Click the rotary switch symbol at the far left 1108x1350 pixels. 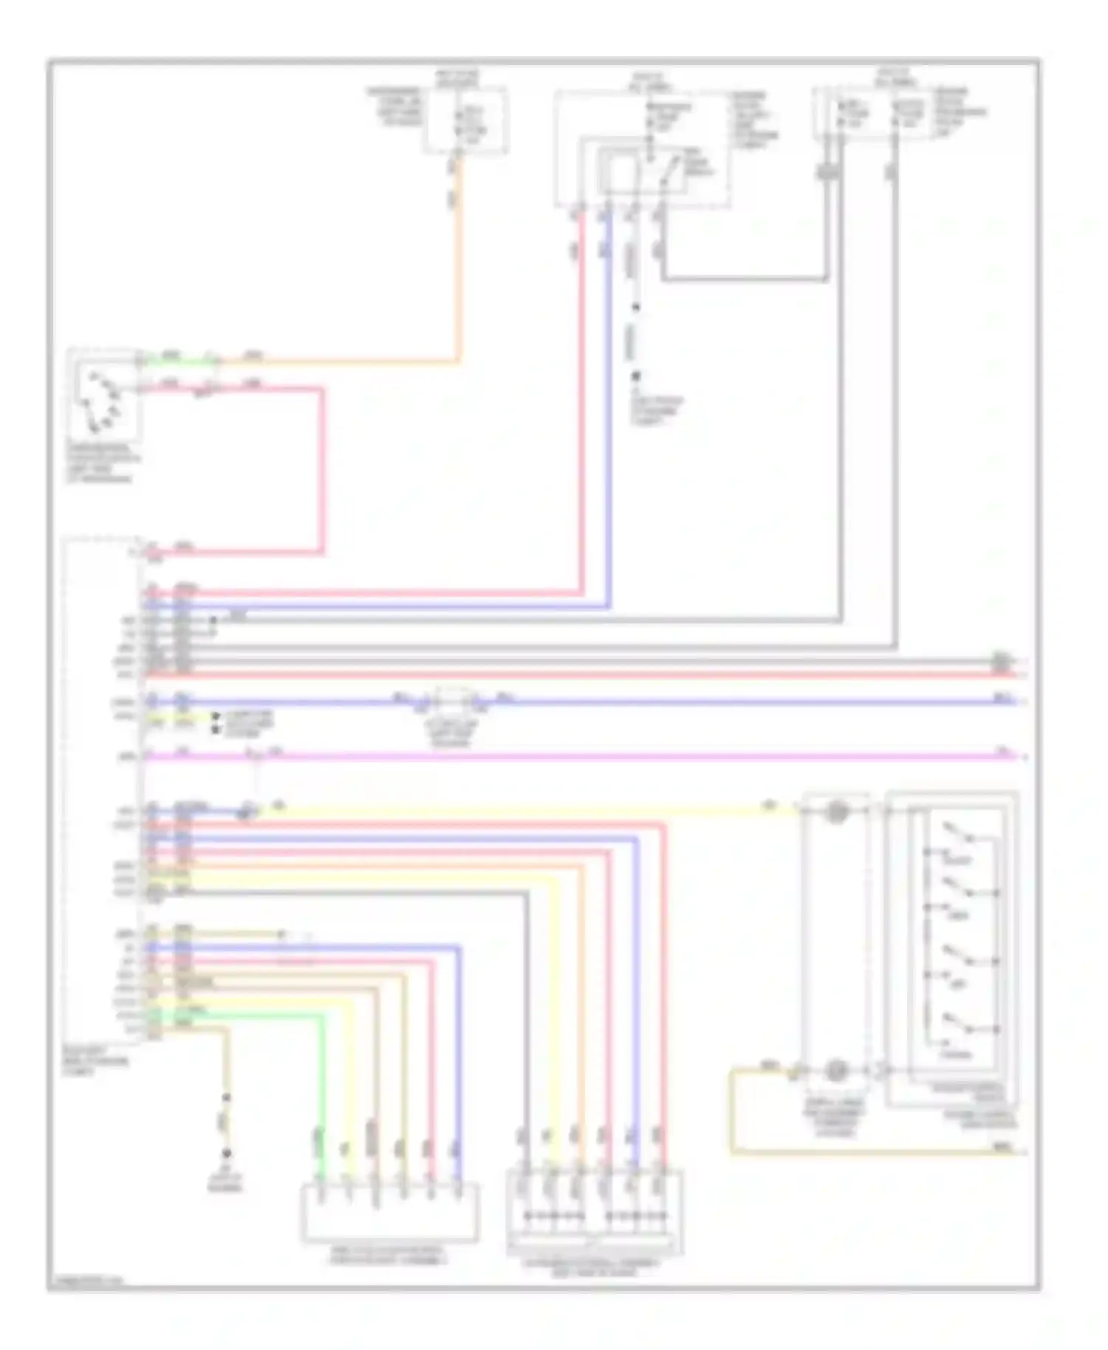coord(102,402)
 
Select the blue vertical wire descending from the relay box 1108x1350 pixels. coord(609,406)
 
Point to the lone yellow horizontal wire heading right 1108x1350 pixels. coord(517,811)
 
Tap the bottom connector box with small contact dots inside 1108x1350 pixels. coord(595,1211)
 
